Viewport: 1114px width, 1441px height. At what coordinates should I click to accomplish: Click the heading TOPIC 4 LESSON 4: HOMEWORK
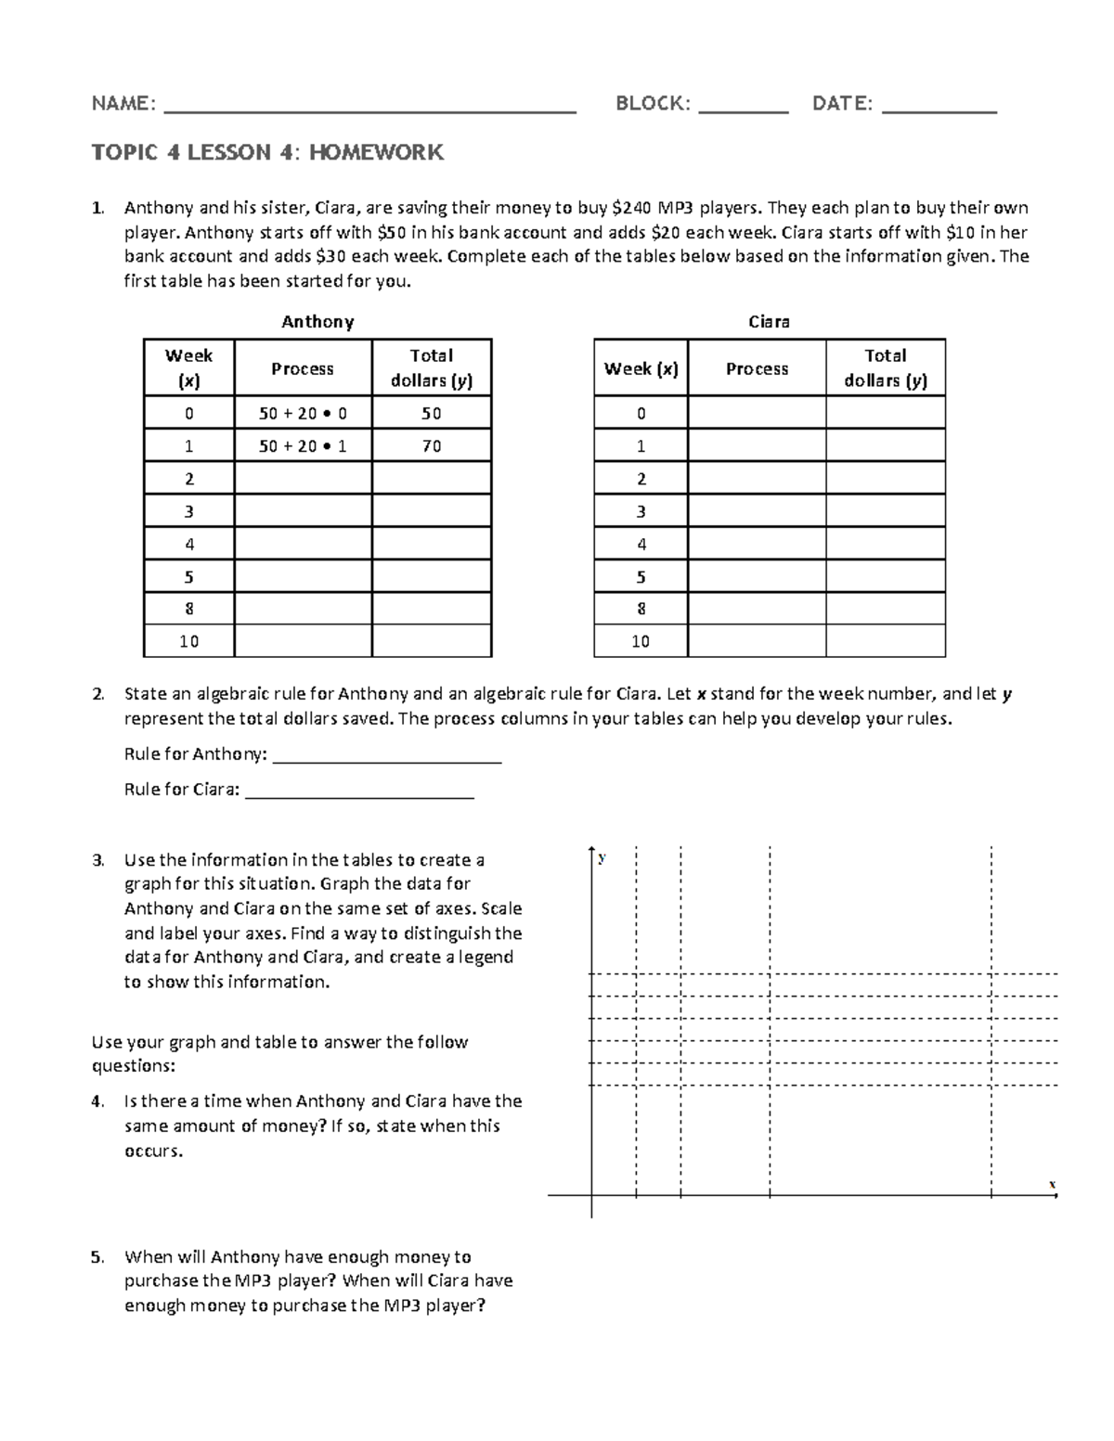click(267, 152)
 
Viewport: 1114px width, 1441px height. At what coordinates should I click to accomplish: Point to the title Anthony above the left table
click(317, 322)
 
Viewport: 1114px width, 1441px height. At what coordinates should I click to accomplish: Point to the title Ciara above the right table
click(769, 322)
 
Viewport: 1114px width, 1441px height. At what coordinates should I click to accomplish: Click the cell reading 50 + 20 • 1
click(303, 446)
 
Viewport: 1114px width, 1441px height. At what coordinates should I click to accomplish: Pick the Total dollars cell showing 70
click(432, 446)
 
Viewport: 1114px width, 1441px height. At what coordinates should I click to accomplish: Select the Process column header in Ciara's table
click(757, 368)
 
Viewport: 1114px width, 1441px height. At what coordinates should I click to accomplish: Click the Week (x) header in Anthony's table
click(189, 368)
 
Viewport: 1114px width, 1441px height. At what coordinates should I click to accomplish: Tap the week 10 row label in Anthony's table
click(189, 641)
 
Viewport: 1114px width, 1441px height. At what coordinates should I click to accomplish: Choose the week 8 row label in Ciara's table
click(641, 609)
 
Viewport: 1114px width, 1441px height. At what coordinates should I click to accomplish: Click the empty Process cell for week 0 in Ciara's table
click(757, 414)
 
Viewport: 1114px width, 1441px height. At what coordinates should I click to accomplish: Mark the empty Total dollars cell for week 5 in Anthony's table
click(432, 576)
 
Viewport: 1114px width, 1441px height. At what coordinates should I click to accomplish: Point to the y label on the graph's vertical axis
click(602, 857)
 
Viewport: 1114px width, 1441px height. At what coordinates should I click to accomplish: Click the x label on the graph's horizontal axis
click(1052, 1185)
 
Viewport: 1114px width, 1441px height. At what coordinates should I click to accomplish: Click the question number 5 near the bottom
click(97, 1257)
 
